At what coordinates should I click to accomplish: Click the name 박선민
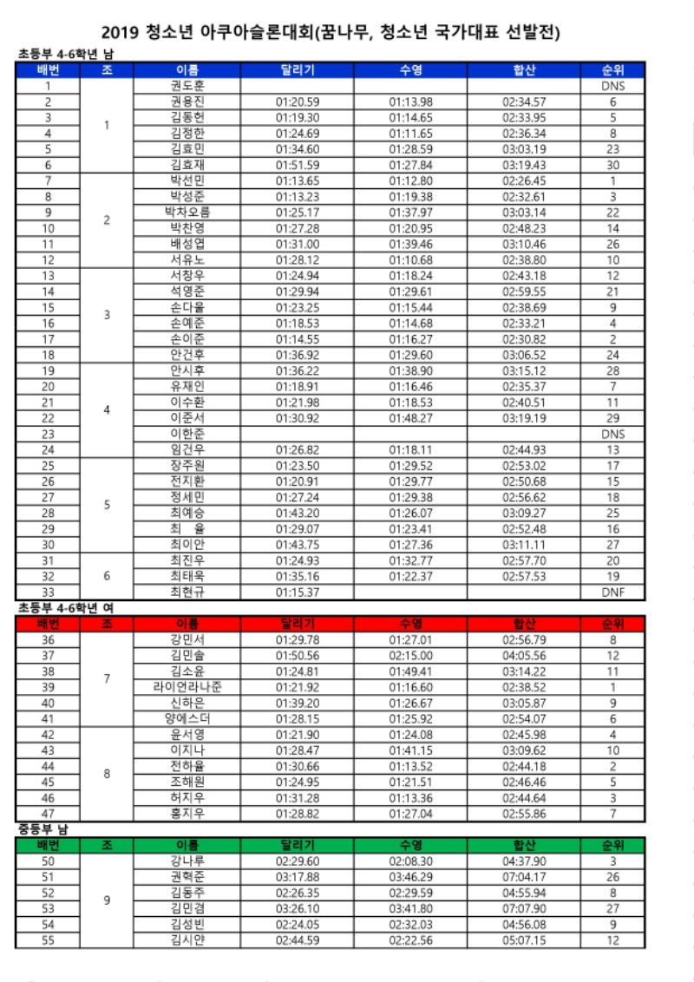click(187, 180)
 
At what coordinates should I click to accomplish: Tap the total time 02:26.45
click(524, 180)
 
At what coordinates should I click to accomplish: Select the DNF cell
click(612, 592)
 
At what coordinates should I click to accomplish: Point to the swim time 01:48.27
click(410, 417)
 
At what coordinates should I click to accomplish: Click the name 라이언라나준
click(187, 686)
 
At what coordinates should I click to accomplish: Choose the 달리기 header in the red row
click(298, 624)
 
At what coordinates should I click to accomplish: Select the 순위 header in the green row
click(612, 844)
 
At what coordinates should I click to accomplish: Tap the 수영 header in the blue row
click(410, 69)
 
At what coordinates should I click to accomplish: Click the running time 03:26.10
click(298, 908)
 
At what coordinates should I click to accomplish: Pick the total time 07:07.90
click(524, 908)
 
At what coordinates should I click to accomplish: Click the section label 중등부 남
click(43, 829)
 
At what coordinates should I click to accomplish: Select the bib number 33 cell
click(48, 592)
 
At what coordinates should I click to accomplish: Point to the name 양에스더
click(187, 718)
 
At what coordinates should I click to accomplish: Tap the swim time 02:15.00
click(410, 655)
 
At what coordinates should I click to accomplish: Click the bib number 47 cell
click(48, 813)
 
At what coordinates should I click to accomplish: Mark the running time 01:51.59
click(298, 165)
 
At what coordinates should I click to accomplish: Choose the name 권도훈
click(187, 86)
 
